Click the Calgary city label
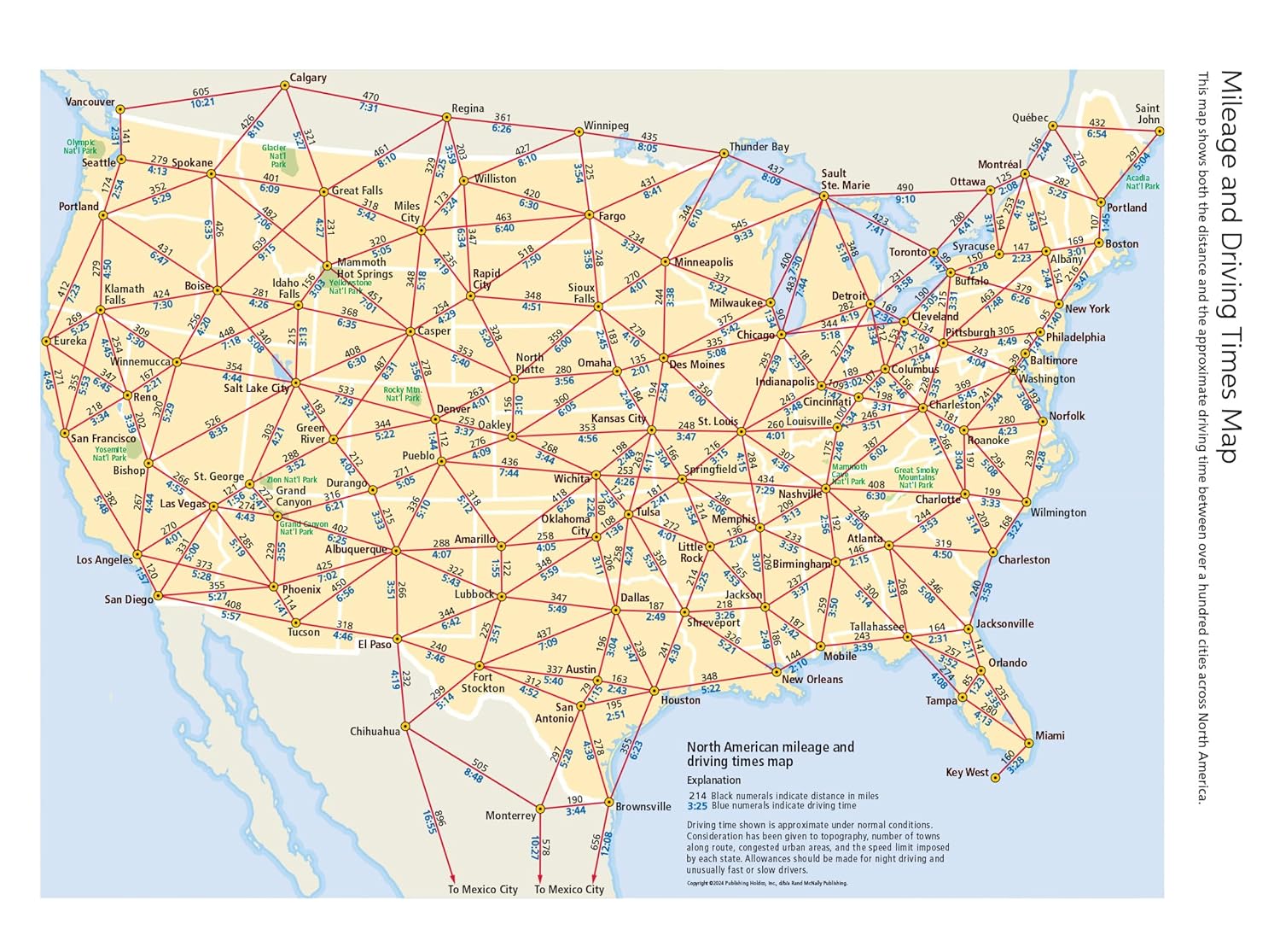(x=308, y=78)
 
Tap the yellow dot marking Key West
(x=995, y=778)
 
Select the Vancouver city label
(x=90, y=102)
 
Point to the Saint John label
(x=1148, y=114)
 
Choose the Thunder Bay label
(x=759, y=147)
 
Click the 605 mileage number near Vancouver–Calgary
(x=201, y=92)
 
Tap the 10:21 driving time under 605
(x=202, y=102)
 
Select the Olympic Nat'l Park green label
(x=81, y=146)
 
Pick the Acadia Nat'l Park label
(x=1143, y=182)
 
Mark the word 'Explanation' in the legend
(x=713, y=780)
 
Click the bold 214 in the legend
(x=697, y=796)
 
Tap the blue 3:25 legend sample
(x=697, y=805)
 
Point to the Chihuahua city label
(x=375, y=731)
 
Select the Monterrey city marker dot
(x=540, y=808)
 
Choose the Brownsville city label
(x=643, y=806)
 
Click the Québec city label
(x=1030, y=118)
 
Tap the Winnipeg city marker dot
(x=579, y=132)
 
